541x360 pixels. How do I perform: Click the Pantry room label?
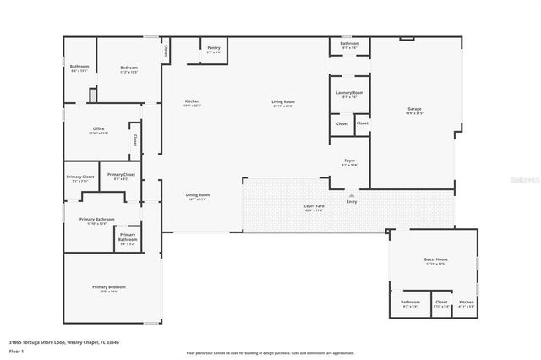[x=214, y=49]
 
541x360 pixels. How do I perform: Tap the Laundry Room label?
[x=349, y=94]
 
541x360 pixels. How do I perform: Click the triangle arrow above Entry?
[x=352, y=194]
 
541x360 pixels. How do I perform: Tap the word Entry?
[x=352, y=201]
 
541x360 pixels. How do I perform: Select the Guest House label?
[x=434, y=261]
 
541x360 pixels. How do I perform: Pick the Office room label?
[x=98, y=130]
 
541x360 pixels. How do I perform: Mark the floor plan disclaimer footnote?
[x=270, y=353]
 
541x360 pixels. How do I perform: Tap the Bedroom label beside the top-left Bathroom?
[x=128, y=68]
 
